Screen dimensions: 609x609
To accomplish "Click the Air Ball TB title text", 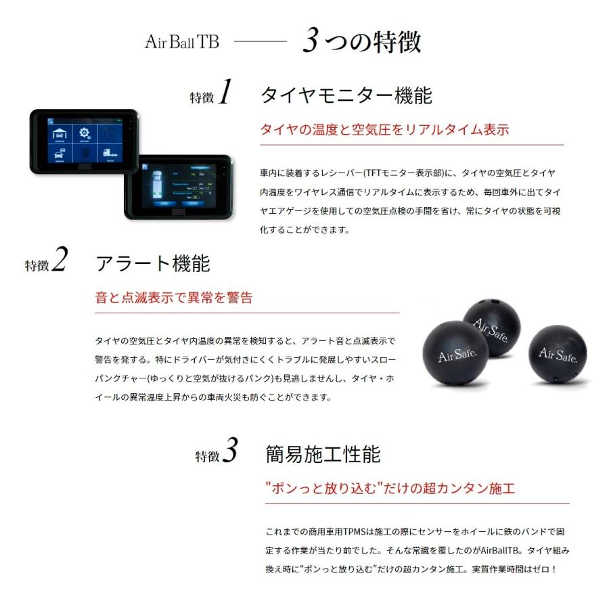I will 181,42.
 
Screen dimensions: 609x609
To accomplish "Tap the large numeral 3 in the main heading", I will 311,41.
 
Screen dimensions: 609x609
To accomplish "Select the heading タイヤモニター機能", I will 346,95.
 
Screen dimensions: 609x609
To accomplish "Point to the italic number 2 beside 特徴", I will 60,261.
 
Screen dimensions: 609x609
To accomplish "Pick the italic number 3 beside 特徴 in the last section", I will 230,452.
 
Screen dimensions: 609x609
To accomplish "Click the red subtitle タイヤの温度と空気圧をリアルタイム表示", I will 384,130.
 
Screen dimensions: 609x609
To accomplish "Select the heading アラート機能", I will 153,263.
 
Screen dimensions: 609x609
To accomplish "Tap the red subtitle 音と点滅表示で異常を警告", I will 174,298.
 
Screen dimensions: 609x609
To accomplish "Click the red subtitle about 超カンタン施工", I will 390,488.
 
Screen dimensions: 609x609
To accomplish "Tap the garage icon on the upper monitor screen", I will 60,133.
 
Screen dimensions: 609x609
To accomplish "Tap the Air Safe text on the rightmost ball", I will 557,355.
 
